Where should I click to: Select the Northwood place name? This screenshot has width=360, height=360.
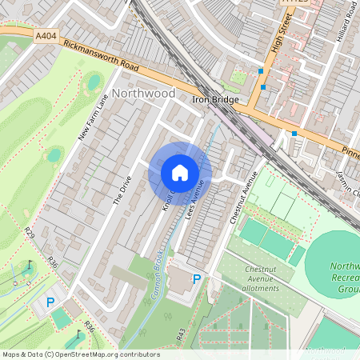(x=143, y=94)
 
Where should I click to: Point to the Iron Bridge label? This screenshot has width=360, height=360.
(x=216, y=100)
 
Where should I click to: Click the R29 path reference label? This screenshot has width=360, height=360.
(x=30, y=234)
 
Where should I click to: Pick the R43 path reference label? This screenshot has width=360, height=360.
(x=181, y=332)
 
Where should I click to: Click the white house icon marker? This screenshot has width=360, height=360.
(x=180, y=172)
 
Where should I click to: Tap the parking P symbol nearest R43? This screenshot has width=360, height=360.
(x=196, y=281)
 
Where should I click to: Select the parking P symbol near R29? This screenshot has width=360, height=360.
(x=50, y=302)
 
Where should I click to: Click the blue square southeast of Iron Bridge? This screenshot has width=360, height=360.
(x=294, y=133)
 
